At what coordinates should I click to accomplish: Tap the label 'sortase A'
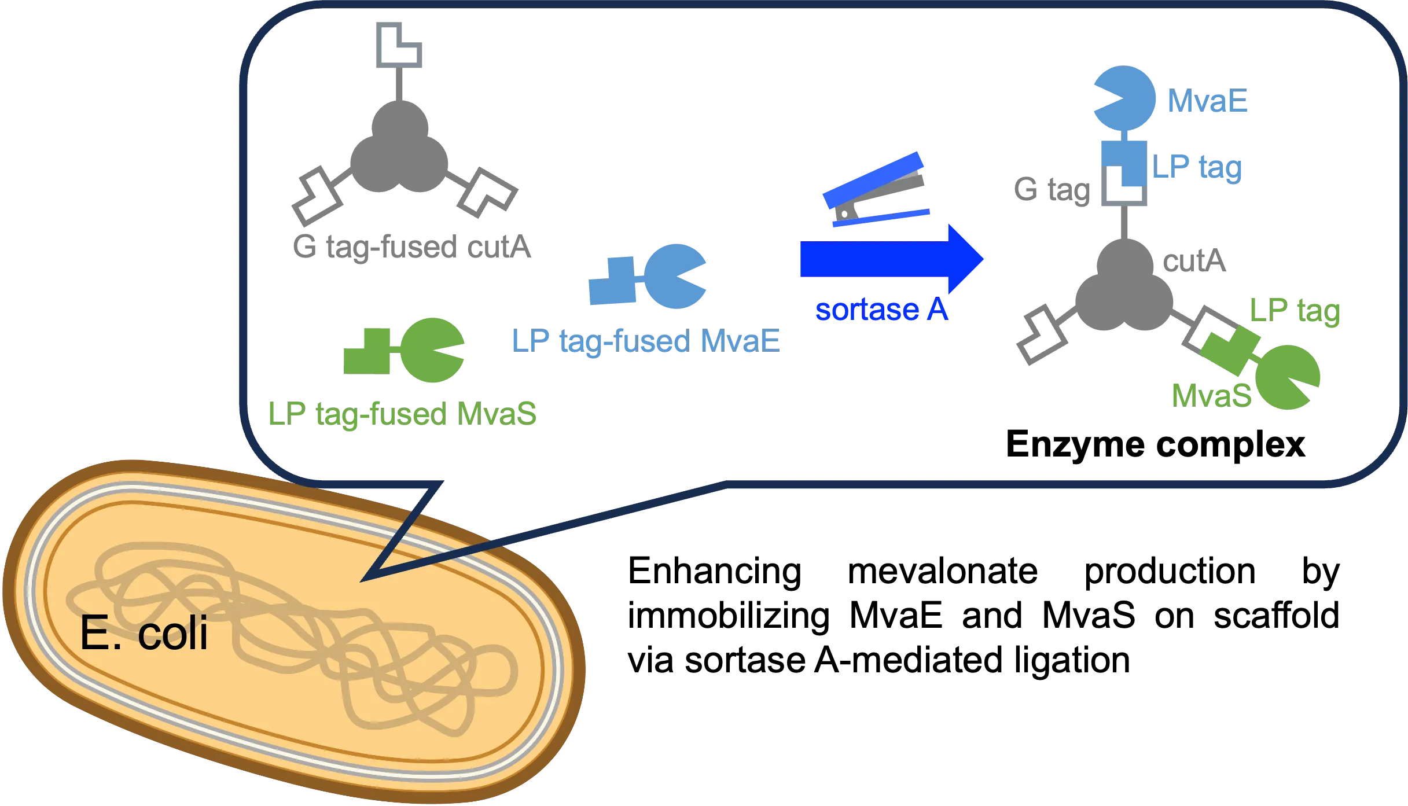click(881, 311)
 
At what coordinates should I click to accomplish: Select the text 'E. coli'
click(144, 634)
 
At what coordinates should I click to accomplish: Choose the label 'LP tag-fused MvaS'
click(402, 413)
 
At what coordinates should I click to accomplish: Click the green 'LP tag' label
click(1295, 311)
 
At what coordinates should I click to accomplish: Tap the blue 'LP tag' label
click(1197, 167)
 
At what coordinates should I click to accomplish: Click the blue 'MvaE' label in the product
click(1208, 102)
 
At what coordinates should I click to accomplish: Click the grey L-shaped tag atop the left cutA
click(400, 45)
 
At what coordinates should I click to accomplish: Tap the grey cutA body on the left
click(398, 150)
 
